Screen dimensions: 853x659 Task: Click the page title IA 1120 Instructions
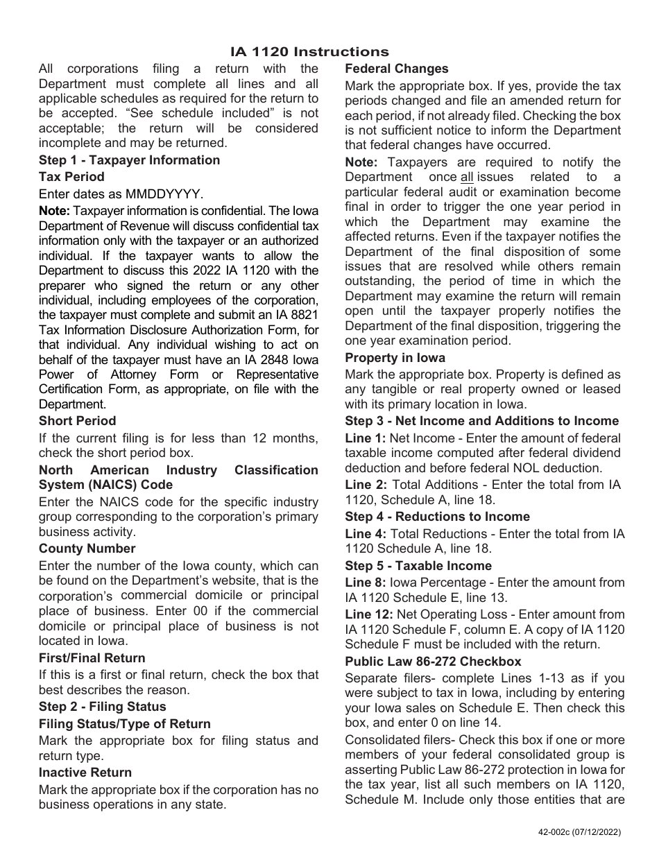[x=309, y=52]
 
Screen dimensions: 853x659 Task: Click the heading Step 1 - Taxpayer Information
[x=129, y=160]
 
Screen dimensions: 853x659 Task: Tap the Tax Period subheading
[x=71, y=177]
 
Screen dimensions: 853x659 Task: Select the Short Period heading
[x=77, y=421]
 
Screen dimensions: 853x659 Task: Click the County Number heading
[x=87, y=549]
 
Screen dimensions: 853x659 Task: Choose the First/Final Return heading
[x=92, y=658]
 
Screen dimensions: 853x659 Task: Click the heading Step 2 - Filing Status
[x=102, y=707]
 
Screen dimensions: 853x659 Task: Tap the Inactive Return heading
[x=85, y=773]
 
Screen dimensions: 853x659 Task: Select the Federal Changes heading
[x=397, y=69]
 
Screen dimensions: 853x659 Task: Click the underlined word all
[x=466, y=177]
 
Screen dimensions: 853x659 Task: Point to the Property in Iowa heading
[x=395, y=358]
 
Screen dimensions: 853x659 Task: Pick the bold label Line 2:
[x=366, y=485]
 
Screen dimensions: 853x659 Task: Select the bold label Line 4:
[x=366, y=534]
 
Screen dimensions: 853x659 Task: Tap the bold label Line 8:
[x=366, y=583]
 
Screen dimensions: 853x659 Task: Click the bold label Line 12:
[x=369, y=614]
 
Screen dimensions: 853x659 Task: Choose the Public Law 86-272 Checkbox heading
[x=433, y=662]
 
